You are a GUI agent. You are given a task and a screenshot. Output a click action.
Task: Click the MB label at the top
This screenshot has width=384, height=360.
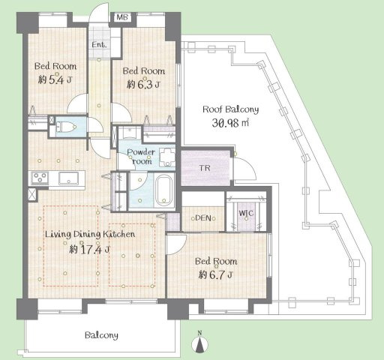click(x=121, y=16)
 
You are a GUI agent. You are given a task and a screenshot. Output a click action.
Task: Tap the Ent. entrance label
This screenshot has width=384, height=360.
click(x=99, y=45)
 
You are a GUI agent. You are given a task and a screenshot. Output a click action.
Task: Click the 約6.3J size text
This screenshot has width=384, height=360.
click(x=142, y=84)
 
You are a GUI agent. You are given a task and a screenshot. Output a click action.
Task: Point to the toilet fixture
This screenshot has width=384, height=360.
click(x=64, y=127)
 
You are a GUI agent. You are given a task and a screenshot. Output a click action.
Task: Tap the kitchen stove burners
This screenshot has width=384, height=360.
click(x=38, y=178)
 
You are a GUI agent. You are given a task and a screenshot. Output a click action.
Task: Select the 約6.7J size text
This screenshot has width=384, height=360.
click(x=217, y=274)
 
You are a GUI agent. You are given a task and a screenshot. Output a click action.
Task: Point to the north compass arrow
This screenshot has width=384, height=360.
click(x=199, y=343)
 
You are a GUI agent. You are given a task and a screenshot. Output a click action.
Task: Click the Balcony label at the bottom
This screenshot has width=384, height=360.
click(x=100, y=334)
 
